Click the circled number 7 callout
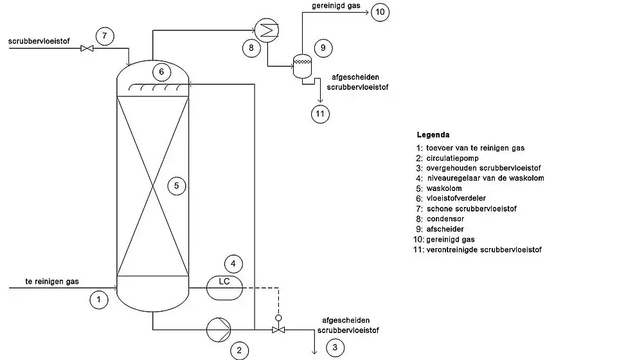(105, 36)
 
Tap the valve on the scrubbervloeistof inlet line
(87, 48)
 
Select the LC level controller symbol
(224, 288)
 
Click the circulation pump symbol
(219, 330)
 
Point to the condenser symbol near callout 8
(266, 30)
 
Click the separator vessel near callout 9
(302, 66)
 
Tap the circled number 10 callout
(380, 12)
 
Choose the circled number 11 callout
(320, 114)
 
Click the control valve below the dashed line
(278, 326)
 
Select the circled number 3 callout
(335, 347)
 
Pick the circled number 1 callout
(99, 300)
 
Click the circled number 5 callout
(177, 186)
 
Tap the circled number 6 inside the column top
(161, 72)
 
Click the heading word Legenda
(433, 135)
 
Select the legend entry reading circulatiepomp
(452, 158)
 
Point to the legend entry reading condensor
(445, 219)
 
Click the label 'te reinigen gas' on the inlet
(52, 282)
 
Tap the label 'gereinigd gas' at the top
(336, 6)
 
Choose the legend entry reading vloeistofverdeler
(456, 198)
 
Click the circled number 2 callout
(239, 350)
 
